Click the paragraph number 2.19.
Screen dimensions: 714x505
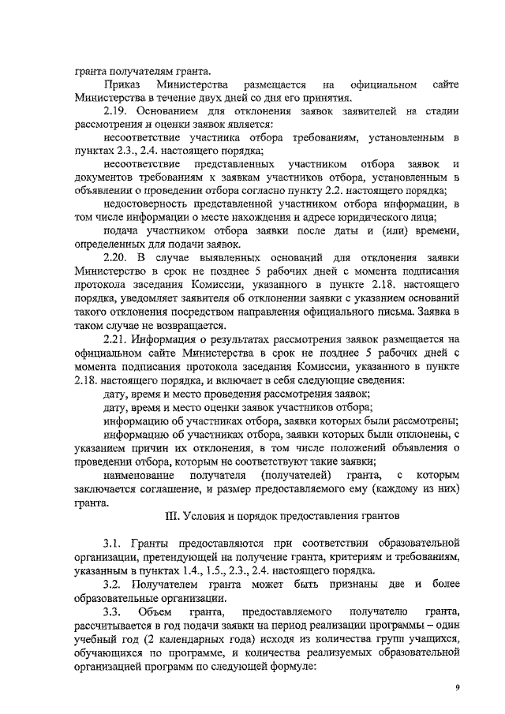pyautogui.click(x=117, y=111)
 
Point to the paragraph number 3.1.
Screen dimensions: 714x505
pyautogui.click(x=114, y=544)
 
